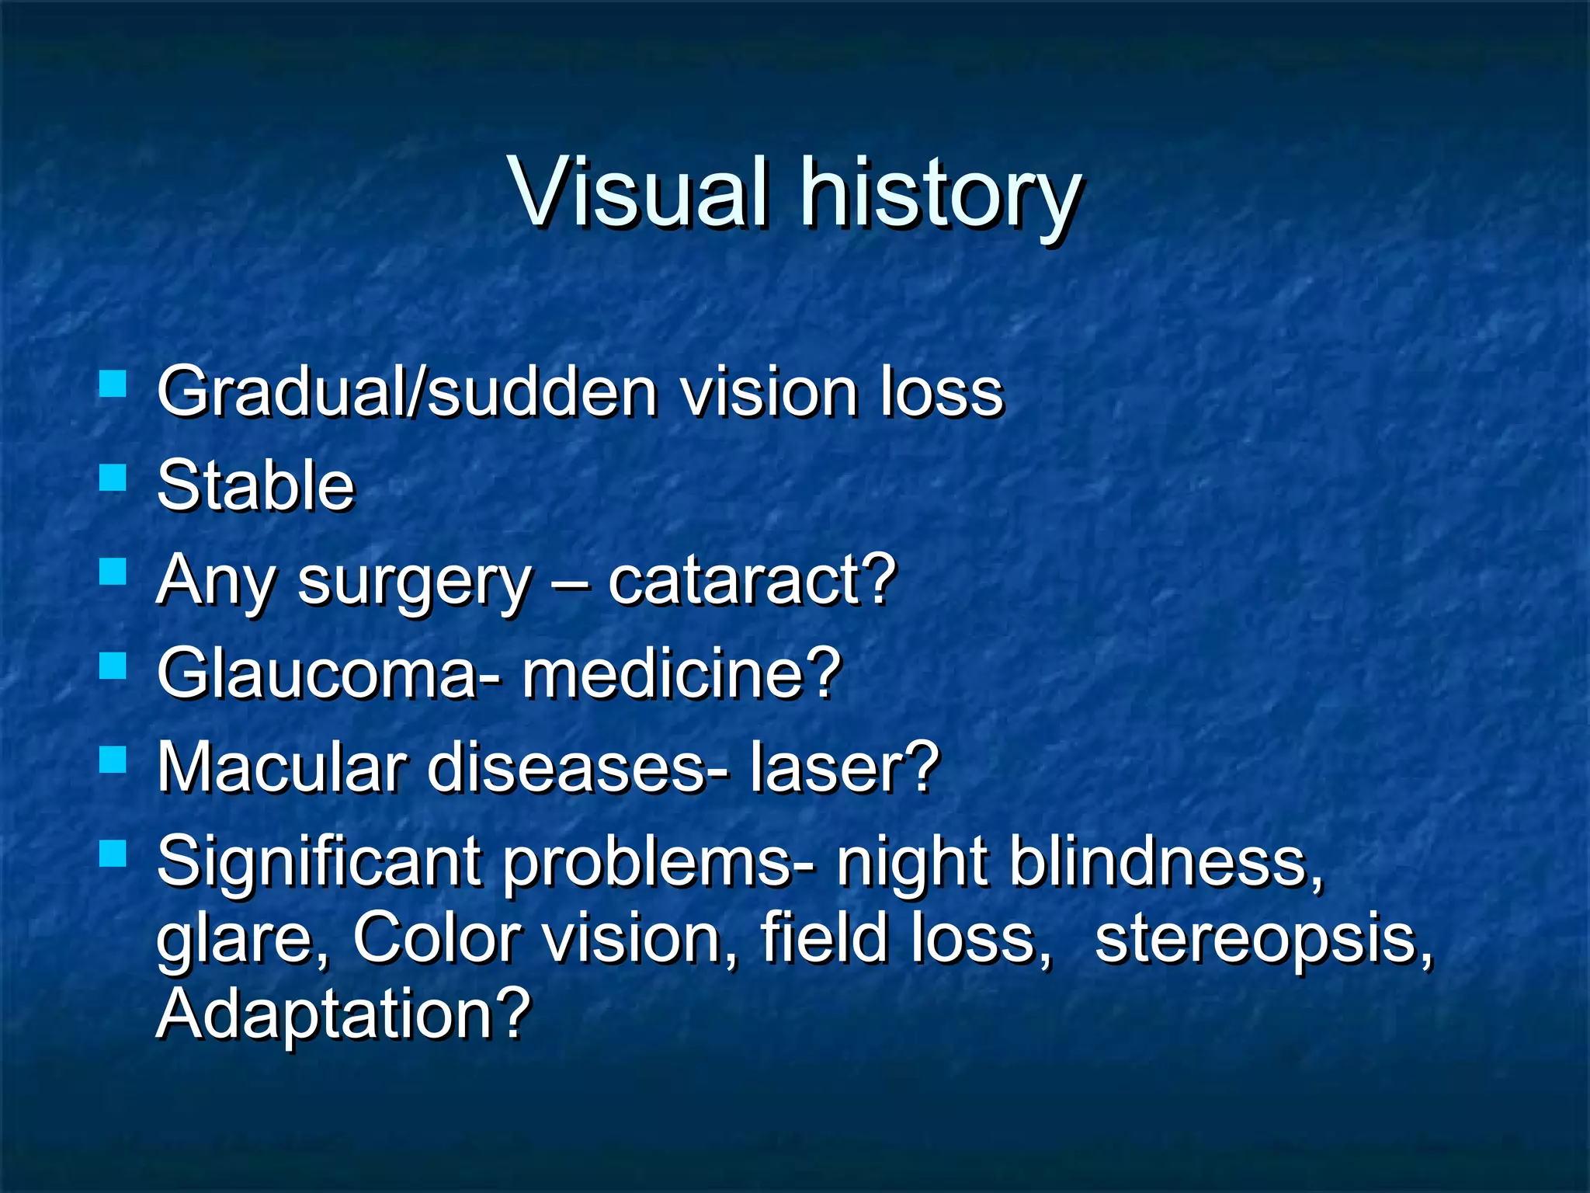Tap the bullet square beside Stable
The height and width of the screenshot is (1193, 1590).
coord(113,478)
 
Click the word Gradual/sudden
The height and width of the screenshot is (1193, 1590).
coord(408,391)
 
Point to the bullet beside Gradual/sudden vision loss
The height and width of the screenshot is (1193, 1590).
coord(113,384)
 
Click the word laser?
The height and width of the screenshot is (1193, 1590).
coord(844,767)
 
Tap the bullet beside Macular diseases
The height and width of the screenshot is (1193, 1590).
coord(113,760)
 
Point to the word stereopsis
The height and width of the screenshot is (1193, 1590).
coord(1262,938)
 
